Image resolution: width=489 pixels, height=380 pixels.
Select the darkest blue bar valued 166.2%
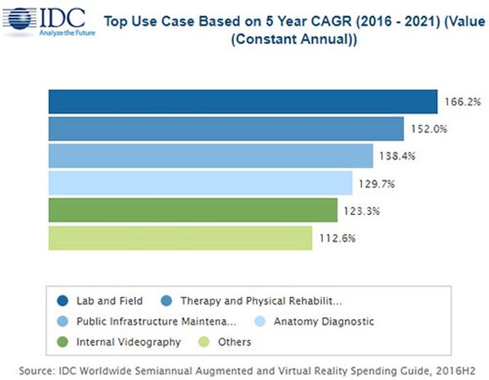[x=243, y=101]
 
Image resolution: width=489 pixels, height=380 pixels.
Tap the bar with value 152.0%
[x=226, y=129]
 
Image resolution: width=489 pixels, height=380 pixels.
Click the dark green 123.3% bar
[x=192, y=211]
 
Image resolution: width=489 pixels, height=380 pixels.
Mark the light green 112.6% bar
[x=180, y=238]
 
